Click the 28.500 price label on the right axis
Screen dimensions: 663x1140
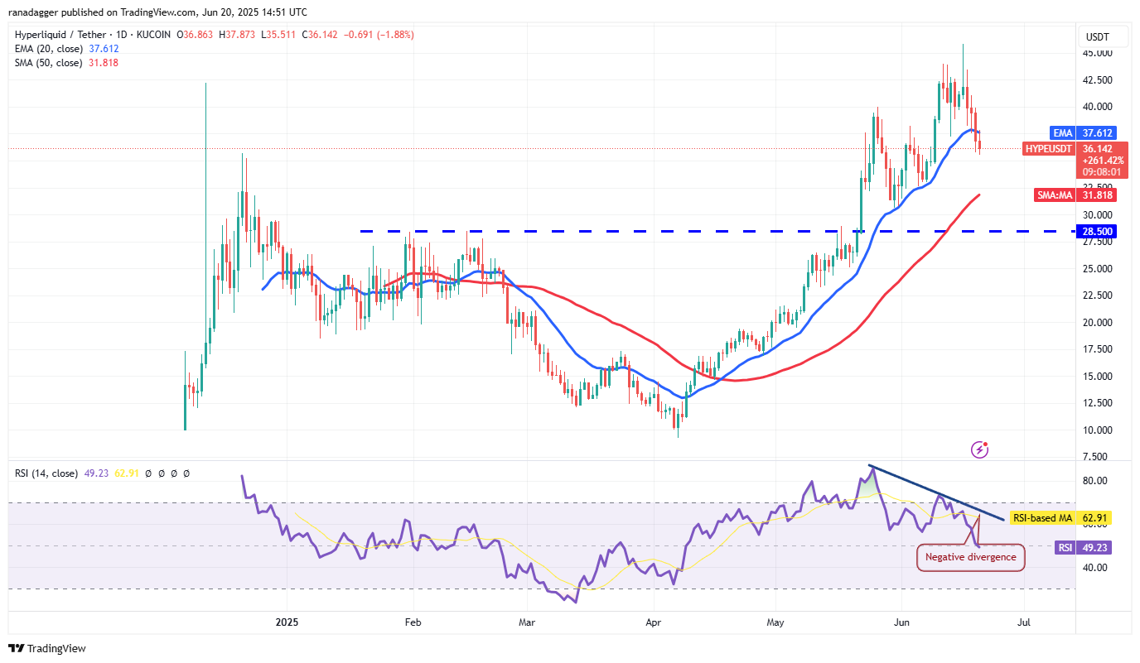[x=1098, y=231]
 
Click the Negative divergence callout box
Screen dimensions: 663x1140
[x=970, y=557]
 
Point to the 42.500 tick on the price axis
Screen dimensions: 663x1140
[x=1097, y=80]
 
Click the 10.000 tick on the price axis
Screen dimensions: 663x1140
[x=1097, y=430]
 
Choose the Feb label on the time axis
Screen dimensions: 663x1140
[x=412, y=621]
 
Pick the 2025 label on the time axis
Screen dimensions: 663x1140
[x=286, y=621]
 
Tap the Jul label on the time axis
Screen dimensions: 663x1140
[x=1024, y=621]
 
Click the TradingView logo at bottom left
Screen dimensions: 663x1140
[x=47, y=648]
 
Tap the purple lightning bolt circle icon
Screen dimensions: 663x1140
[x=979, y=449]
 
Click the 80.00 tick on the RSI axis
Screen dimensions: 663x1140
[x=1094, y=481]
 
